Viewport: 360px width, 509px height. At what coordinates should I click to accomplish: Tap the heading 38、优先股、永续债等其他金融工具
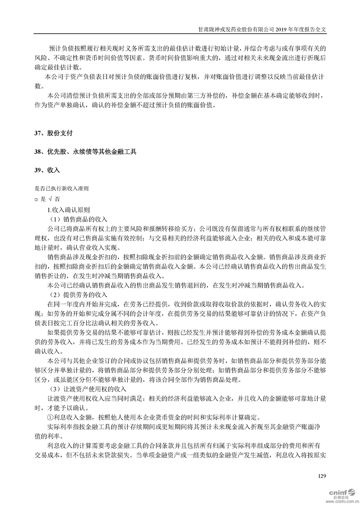click(x=85, y=152)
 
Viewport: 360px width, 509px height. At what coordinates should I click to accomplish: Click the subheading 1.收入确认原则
click(x=69, y=210)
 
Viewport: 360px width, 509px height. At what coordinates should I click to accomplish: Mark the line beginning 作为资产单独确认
click(x=127, y=106)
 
